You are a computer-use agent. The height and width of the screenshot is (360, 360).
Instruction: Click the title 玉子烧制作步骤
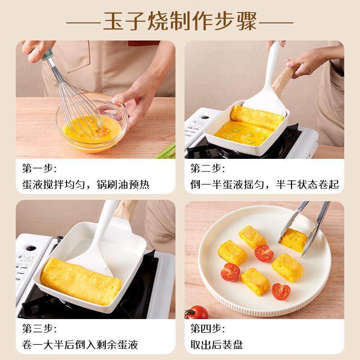pyautogui.click(x=180, y=21)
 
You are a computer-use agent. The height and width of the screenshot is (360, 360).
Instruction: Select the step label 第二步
pyautogui.click(x=207, y=169)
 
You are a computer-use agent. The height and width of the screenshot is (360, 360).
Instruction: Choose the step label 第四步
pyautogui.click(x=207, y=328)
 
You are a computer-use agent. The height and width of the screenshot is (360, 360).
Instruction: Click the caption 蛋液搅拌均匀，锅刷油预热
pyautogui.click(x=85, y=184)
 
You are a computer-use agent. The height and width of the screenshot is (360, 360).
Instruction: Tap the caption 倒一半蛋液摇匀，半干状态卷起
pyautogui.click(x=264, y=184)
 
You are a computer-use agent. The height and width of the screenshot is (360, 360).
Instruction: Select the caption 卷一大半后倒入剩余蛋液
pyautogui.click(x=80, y=345)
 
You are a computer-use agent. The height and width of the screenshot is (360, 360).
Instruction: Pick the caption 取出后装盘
pyautogui.click(x=216, y=345)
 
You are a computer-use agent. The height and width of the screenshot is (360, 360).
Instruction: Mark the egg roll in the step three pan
pyautogui.click(x=81, y=281)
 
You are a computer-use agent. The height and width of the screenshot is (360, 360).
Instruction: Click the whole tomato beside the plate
pyautogui.click(x=197, y=312)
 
